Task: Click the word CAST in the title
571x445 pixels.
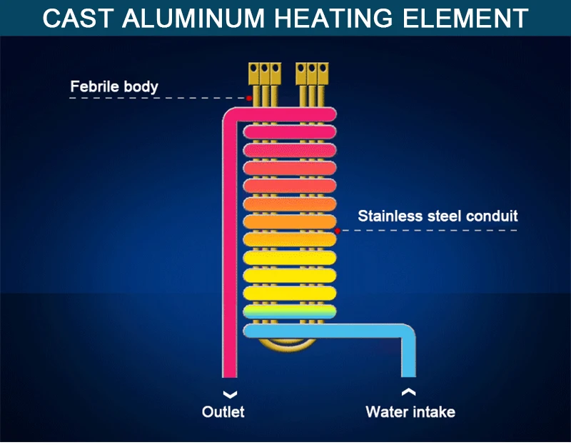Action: [x=77, y=18]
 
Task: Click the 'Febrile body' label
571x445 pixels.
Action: [x=114, y=87]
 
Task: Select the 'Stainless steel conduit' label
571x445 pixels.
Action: [x=438, y=215]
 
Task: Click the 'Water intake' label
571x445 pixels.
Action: [x=410, y=412]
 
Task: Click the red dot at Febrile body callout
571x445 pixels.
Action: [x=248, y=98]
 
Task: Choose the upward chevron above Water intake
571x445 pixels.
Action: [x=408, y=391]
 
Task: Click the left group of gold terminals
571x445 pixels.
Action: [x=264, y=73]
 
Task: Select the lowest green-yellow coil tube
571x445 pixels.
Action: [x=289, y=311]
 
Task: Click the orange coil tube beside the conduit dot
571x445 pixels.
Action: [x=289, y=221]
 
